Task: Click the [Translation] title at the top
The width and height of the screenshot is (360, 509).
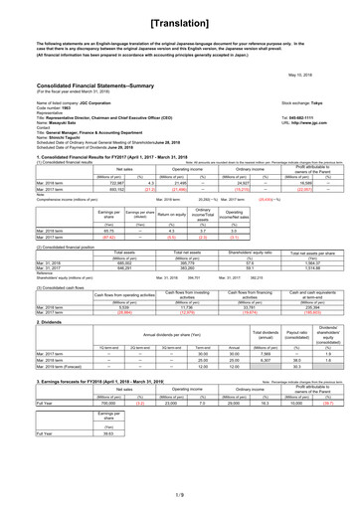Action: point(179,19)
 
